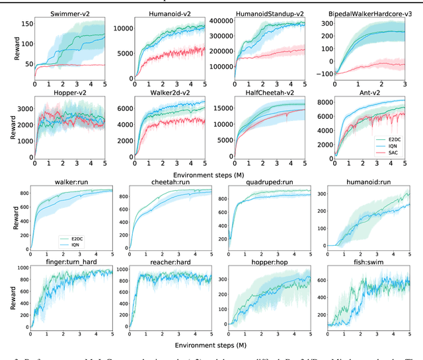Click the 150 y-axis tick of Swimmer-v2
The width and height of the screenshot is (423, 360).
click(x=25, y=24)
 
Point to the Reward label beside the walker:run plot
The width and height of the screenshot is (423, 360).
click(x=5, y=217)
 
